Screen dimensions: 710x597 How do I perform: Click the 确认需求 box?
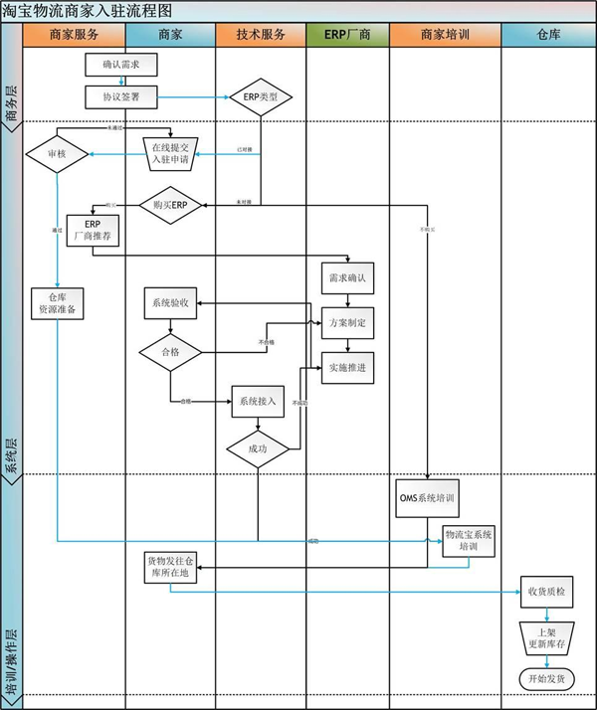point(121,67)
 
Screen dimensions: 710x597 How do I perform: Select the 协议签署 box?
point(121,96)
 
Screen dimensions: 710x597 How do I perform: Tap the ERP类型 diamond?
point(261,96)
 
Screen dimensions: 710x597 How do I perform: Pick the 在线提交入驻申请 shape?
point(173,154)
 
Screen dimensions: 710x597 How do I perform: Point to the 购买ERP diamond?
point(170,205)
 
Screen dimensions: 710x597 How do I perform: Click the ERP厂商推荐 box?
point(93,231)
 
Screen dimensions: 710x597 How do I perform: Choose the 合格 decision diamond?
point(170,351)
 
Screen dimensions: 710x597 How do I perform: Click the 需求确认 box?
point(346,278)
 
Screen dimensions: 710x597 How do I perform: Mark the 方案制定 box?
point(346,323)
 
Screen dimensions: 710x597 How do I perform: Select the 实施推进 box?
point(346,368)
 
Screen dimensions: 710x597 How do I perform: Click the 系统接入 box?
point(258,402)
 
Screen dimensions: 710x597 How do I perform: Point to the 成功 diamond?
point(258,449)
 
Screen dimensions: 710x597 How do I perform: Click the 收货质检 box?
point(546,592)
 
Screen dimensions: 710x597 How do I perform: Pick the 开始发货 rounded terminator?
point(546,678)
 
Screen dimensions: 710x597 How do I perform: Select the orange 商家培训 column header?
point(445,34)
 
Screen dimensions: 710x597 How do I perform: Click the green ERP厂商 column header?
point(347,34)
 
